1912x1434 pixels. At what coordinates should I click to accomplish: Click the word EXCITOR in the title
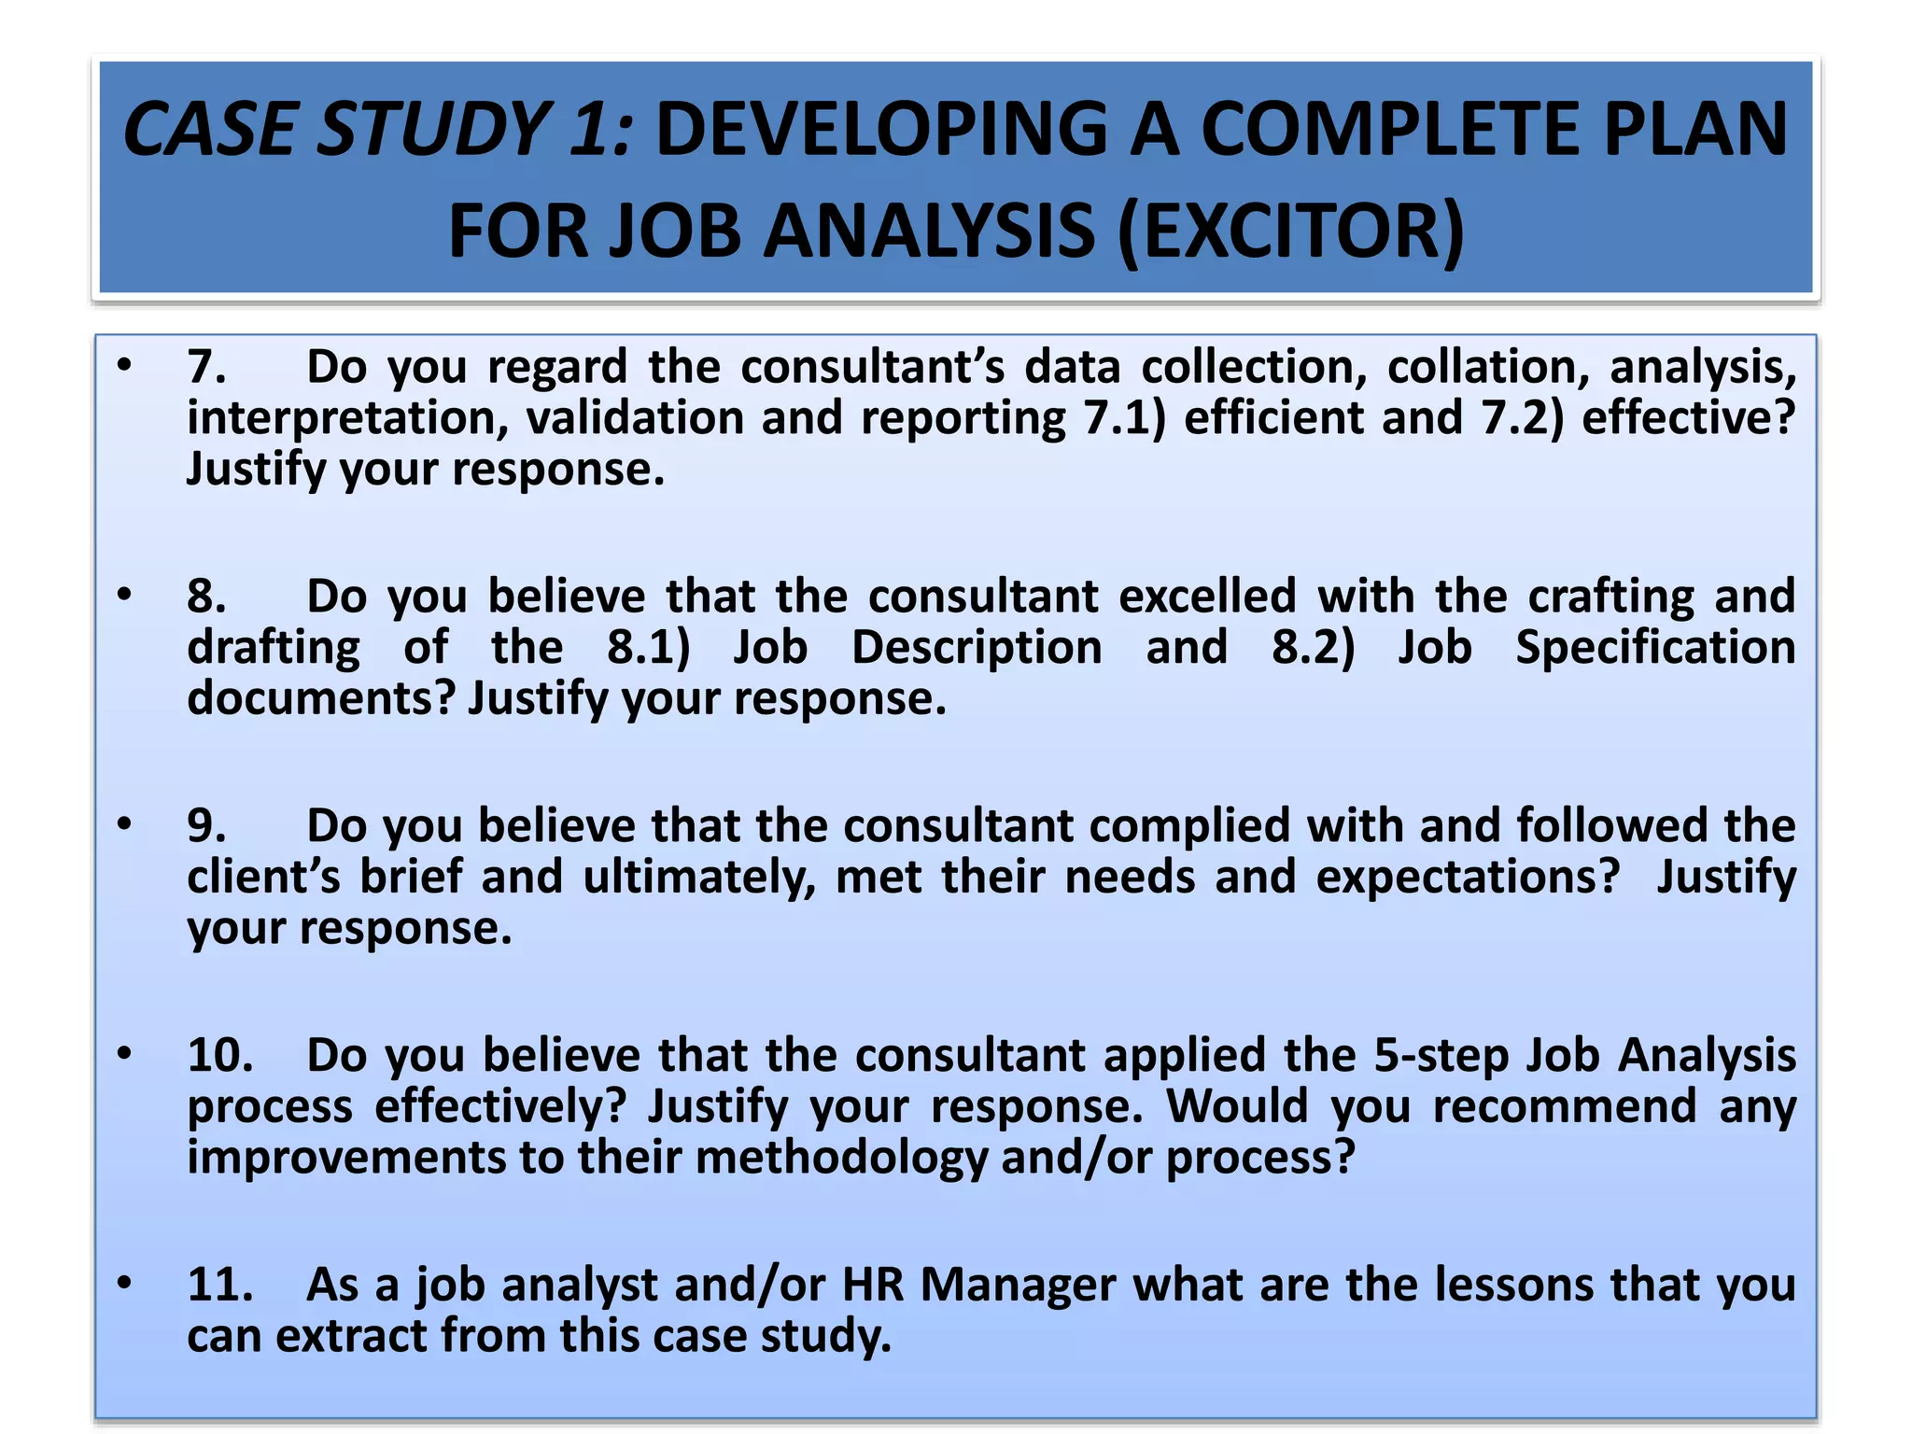pyautogui.click(x=1290, y=231)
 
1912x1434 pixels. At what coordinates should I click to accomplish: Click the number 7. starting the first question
pyautogui.click(x=206, y=366)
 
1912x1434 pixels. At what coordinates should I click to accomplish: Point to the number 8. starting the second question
pyautogui.click(x=206, y=596)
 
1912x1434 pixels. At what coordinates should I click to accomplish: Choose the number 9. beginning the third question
pyautogui.click(x=206, y=825)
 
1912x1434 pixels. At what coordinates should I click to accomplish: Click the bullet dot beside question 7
pyautogui.click(x=124, y=364)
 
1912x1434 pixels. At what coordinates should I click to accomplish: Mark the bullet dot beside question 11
pyautogui.click(x=124, y=1283)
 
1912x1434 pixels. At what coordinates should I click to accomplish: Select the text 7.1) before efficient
pyautogui.click(x=1124, y=417)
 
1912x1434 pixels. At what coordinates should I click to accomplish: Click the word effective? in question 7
pyautogui.click(x=1688, y=417)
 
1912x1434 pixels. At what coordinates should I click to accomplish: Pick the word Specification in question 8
pyautogui.click(x=1655, y=647)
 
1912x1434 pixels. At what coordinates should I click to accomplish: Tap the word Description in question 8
pyautogui.click(x=977, y=647)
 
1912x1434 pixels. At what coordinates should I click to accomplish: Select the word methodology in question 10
pyautogui.click(x=841, y=1158)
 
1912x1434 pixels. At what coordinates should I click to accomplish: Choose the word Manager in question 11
pyautogui.click(x=1018, y=1284)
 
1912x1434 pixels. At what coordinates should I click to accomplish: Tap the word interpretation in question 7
pyautogui.click(x=347, y=417)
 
